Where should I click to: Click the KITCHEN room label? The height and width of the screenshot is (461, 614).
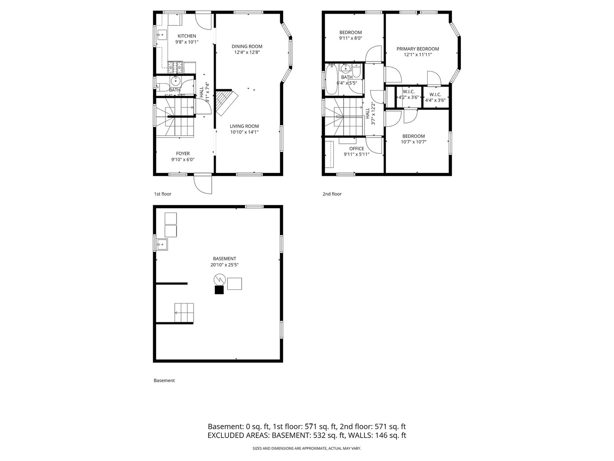(187, 36)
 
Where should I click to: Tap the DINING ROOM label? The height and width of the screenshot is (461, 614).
(247, 47)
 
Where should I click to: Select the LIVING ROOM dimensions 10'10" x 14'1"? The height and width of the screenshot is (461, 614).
(244, 132)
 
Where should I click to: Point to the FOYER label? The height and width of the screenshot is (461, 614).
(183, 154)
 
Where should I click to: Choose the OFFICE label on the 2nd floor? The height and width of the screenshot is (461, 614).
(356, 149)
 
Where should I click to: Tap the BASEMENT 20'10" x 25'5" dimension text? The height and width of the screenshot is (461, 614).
(224, 265)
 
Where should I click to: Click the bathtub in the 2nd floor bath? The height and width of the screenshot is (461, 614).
(331, 79)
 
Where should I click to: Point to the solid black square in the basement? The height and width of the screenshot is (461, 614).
(219, 290)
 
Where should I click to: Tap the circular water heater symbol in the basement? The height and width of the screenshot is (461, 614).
(219, 280)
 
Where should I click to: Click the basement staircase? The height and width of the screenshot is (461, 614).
(184, 313)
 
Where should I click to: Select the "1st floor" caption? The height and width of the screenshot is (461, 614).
(162, 194)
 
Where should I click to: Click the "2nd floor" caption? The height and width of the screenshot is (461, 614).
(332, 194)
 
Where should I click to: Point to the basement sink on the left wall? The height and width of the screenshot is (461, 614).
(162, 244)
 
